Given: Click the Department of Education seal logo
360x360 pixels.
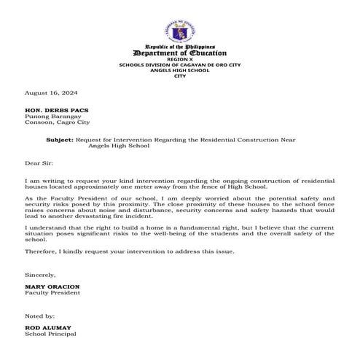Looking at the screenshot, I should (180, 33).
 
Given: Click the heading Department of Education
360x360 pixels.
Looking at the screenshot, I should (180, 53).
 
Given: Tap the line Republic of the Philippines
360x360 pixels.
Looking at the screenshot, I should (180, 47).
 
